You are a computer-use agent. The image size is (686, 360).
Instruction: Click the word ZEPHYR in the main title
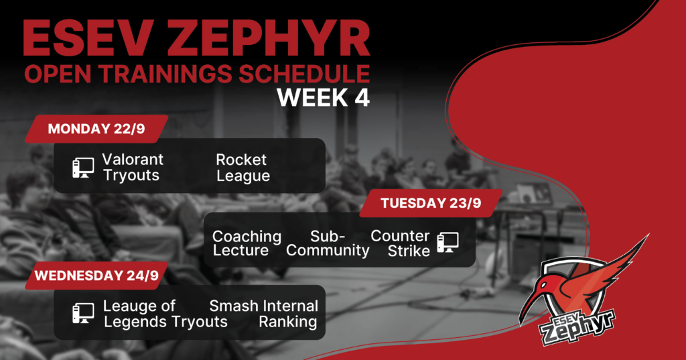coord(269,39)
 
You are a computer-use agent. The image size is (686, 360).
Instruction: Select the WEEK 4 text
coord(324,98)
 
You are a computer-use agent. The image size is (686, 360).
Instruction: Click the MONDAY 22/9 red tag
coord(96,129)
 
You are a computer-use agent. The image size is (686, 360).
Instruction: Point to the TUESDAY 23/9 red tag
coord(431,203)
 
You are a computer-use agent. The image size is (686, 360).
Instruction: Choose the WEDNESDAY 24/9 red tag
coord(96,276)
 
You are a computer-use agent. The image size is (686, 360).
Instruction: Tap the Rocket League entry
coord(243,168)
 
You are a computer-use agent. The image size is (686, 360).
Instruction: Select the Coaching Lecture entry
coord(247,243)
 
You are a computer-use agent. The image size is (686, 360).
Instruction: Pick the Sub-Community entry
coord(328,243)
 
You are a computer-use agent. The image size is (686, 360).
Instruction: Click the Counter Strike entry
coord(401,243)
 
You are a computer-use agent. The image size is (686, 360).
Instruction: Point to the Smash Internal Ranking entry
coord(263,314)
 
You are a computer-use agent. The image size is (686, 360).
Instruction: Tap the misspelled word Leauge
coord(139,306)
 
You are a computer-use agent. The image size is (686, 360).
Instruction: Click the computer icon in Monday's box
coord(83,168)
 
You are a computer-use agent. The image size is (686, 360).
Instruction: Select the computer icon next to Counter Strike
coord(448,242)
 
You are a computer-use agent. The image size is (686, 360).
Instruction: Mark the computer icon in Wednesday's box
coord(83,313)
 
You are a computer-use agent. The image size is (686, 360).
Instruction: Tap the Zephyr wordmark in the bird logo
coord(577,326)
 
